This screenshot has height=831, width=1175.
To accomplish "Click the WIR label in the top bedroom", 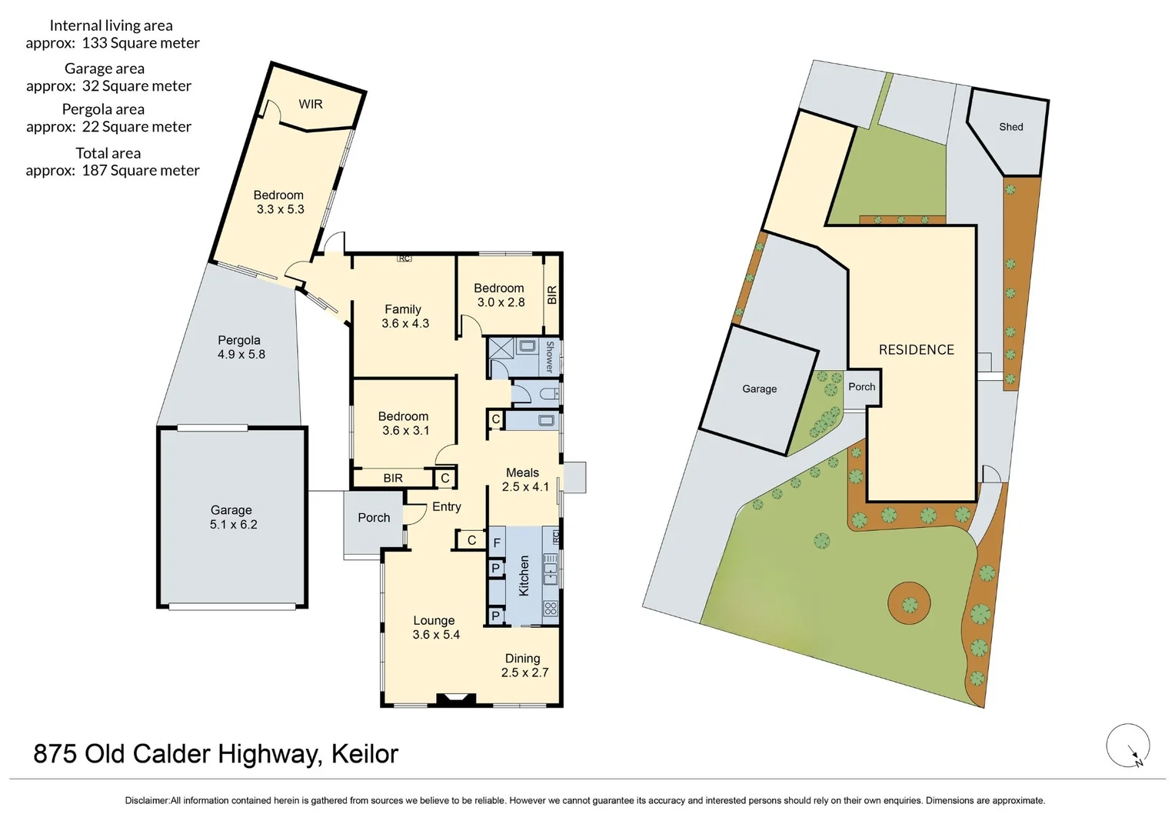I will (311, 104).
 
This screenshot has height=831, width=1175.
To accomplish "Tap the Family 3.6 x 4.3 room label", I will (404, 316).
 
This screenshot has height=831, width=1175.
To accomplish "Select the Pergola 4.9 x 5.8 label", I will (240, 347).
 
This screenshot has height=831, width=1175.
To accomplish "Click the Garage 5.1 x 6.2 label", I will (232, 517).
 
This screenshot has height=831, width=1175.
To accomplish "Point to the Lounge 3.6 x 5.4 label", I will (435, 627).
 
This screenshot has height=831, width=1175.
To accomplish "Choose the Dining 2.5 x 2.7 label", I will (524, 666).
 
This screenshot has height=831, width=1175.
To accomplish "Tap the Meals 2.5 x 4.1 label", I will (524, 479).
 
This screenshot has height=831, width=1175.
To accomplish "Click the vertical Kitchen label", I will (524, 576).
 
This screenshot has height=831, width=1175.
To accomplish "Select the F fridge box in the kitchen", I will (497, 543).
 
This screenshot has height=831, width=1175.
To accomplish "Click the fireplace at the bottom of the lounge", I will (457, 699).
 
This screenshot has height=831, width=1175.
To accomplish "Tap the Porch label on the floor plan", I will (374, 518).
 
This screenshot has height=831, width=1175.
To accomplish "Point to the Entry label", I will (446, 506).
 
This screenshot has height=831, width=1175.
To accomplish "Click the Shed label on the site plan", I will (1010, 127).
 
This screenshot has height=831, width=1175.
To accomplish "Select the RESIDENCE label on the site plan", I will (916, 349).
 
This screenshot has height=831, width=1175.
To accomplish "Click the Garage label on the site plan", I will (759, 389).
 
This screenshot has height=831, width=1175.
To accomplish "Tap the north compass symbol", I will (1128, 746).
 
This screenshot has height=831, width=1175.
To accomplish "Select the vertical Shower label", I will (549, 357).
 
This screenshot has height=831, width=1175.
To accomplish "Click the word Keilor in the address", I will (364, 754).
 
